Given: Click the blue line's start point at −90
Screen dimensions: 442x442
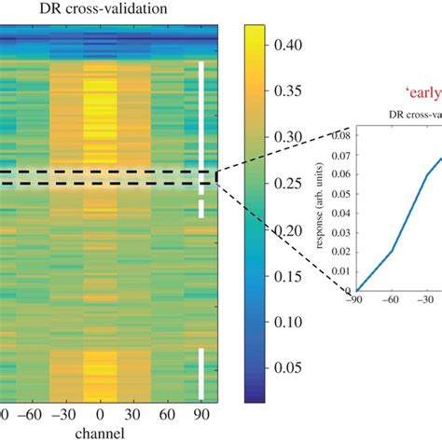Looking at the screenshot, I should pos(356,290).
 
